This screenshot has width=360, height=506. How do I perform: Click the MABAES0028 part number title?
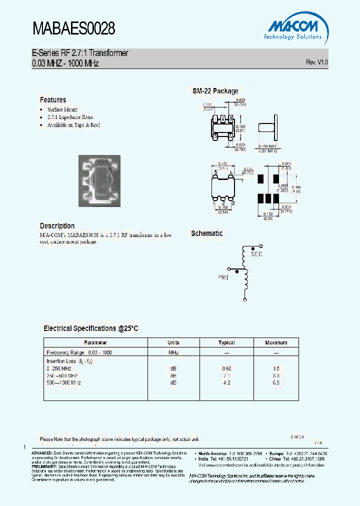pos(74,29)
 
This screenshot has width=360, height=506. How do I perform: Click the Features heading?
pos(53,100)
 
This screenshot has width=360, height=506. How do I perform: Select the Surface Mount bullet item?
pos(62,109)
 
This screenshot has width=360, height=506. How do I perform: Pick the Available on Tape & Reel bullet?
pos(73,125)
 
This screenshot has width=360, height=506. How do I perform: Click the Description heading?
pos(57,226)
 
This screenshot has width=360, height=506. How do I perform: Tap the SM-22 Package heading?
pos(215,91)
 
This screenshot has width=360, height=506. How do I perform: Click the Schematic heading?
pos(206,233)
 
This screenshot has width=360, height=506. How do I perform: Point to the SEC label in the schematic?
pos(256,254)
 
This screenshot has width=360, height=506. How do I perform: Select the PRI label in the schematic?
pos(222,277)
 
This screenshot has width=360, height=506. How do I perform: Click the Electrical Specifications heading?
pos(90,328)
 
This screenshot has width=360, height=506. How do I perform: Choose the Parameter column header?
pos(95,343)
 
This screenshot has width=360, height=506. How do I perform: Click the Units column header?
pos(173,343)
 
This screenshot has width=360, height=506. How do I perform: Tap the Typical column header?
pos(226,343)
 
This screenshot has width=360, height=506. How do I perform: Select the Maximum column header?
pos(276,343)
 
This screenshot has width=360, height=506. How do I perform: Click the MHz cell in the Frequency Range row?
pos(173,352)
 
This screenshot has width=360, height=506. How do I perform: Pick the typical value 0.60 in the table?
pos(226,368)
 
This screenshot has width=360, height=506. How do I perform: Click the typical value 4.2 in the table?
pos(226,382)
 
